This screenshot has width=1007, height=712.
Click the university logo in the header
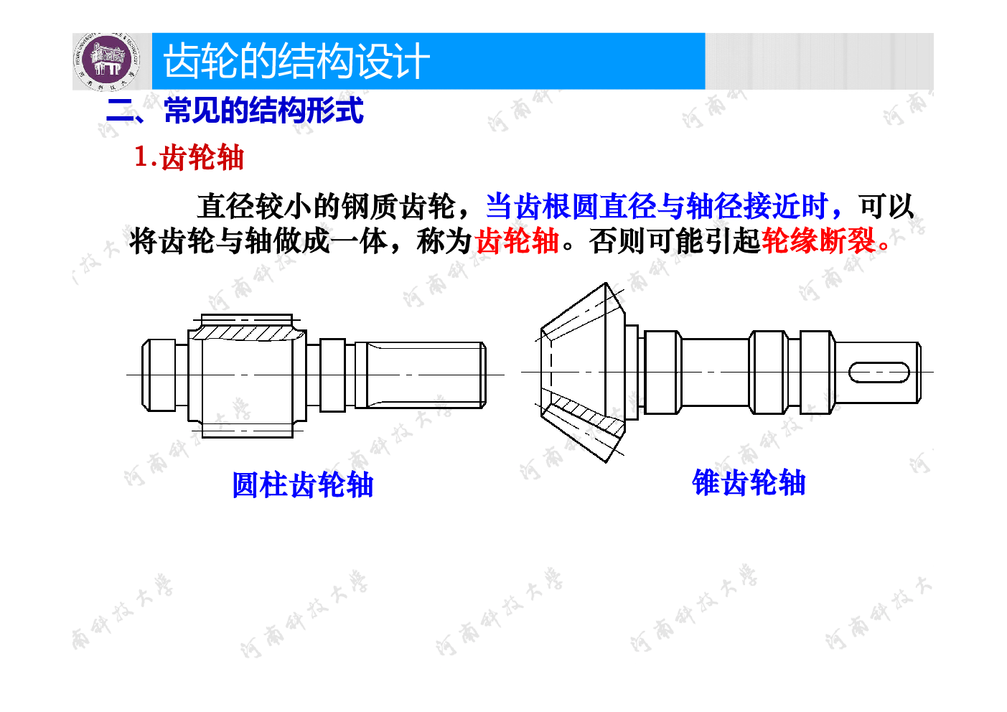[106, 61]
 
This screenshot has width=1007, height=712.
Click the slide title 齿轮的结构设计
[296, 61]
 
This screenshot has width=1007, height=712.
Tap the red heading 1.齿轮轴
[189, 157]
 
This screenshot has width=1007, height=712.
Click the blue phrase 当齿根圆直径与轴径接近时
[657, 206]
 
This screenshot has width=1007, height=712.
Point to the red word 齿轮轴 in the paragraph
[517, 241]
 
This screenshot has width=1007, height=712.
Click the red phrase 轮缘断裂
[820, 241]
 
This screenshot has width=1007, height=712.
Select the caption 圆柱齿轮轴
[303, 485]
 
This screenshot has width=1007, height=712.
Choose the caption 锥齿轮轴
[749, 483]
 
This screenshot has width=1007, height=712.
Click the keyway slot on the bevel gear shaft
[879, 373]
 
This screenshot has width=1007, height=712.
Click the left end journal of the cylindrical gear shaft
[159, 375]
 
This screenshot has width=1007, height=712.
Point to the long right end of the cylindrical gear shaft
[421, 375]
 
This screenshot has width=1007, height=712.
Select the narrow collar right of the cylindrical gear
[332, 375]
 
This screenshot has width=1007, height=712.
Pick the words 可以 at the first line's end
[886, 206]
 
